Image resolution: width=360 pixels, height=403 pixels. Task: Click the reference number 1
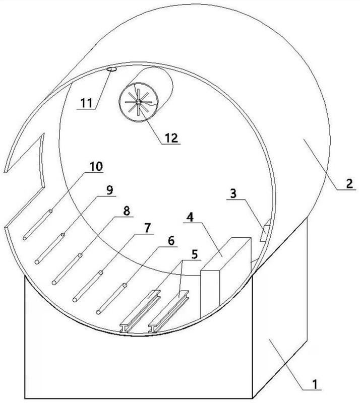coord(315,385)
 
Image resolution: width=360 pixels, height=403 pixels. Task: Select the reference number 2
coord(349,184)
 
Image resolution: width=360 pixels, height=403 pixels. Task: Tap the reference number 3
coord(233,193)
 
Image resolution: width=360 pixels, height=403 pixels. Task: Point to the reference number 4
coord(190,217)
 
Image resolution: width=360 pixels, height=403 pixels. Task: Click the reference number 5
coord(195,254)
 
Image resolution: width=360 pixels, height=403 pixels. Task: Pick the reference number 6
coord(171,241)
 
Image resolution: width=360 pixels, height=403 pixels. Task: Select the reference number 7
coord(147,228)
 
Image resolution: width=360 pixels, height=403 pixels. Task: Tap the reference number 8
coord(127,211)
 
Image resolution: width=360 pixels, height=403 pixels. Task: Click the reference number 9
coord(109,190)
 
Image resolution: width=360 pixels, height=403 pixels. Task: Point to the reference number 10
coord(96,167)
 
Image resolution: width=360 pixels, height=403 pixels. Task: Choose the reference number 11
coord(86,103)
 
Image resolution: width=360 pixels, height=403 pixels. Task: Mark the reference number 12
coord(171,138)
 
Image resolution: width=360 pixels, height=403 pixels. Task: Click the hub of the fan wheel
coord(138,102)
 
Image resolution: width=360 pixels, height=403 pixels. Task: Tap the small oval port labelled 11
coord(112,69)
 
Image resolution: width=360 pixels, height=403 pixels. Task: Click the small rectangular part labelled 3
coord(264,233)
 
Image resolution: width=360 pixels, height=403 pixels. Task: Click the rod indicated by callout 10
coord(38,225)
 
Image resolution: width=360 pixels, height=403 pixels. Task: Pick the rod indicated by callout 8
coord(67,269)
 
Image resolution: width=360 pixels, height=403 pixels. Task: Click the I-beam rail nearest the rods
coord(140,311)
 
